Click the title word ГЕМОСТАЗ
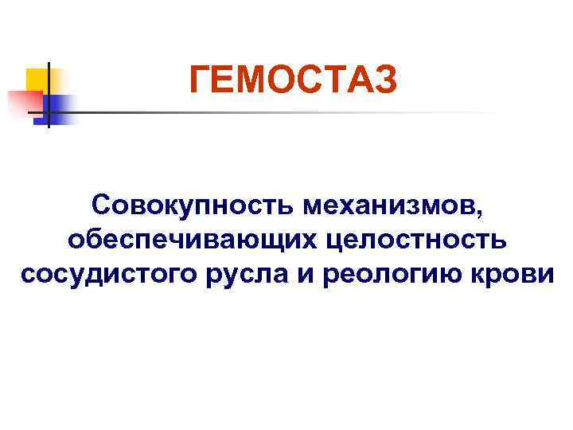[292, 80]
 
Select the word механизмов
[389, 205]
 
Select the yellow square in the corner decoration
[38, 80]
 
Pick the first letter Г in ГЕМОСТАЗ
[200, 80]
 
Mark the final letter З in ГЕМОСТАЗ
[384, 80]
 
